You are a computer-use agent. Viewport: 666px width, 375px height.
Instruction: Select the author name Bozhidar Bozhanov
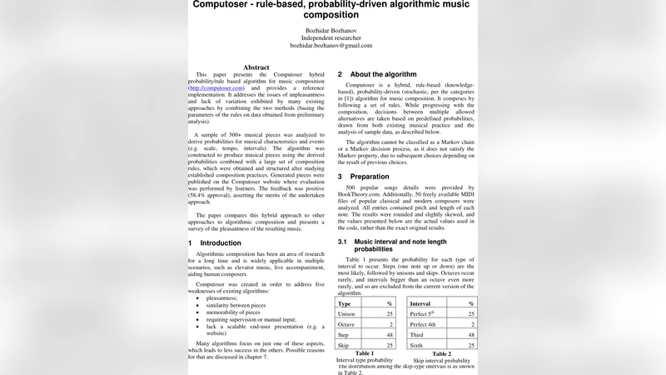(331, 29)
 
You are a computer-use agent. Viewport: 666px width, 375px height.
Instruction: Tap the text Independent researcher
(331, 37)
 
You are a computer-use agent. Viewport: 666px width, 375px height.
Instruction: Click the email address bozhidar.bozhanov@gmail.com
(331, 46)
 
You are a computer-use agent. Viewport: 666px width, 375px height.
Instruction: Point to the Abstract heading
(256, 67)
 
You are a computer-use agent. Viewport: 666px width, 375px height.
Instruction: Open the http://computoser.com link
(216, 87)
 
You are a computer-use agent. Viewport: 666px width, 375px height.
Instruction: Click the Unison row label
(347, 313)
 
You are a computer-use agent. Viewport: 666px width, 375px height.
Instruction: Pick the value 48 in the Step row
(389, 334)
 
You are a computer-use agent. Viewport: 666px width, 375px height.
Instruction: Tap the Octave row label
(347, 323)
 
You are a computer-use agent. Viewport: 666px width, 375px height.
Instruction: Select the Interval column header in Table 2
(420, 303)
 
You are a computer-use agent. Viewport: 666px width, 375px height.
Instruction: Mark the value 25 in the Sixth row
(471, 344)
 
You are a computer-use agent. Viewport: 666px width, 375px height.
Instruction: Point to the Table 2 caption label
(442, 353)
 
